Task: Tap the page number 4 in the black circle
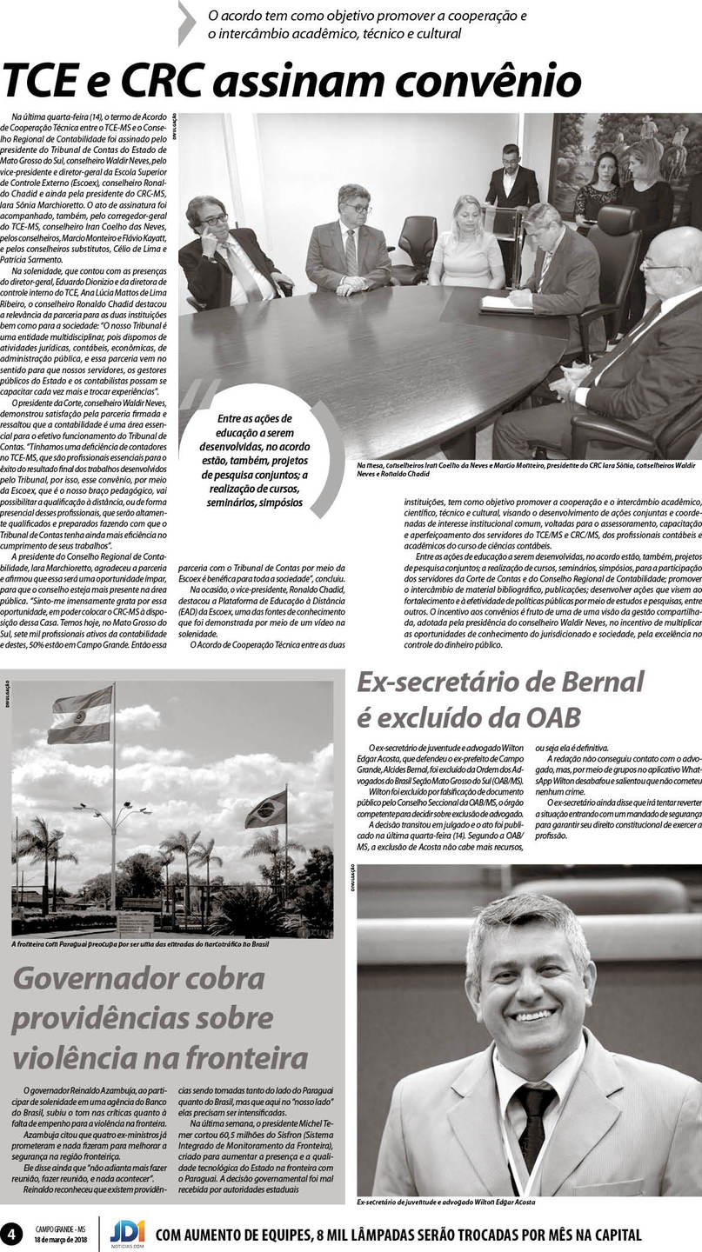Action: coord(12,1233)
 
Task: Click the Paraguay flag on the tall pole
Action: coord(80,714)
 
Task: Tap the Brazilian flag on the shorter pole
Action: coord(266,810)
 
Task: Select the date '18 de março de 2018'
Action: coord(60,1239)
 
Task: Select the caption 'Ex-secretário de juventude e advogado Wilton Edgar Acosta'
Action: coord(445,1202)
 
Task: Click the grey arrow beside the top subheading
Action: coord(187,23)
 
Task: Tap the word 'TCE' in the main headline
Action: coord(39,82)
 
